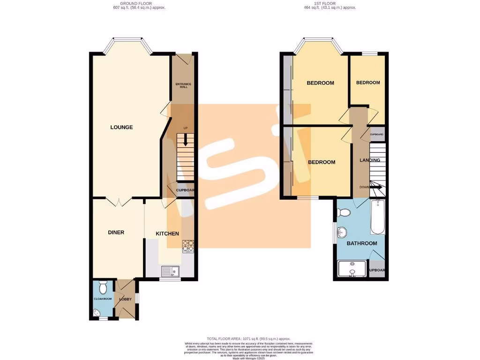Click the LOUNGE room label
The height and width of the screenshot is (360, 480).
tap(121, 127)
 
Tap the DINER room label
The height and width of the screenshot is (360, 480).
tap(116, 232)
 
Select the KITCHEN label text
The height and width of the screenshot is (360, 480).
tap(167, 233)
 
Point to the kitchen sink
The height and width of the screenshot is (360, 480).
tap(169, 271)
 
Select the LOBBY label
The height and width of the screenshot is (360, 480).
tap(125, 299)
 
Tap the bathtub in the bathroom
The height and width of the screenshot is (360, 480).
tap(377, 217)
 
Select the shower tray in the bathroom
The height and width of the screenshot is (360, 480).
tap(352, 269)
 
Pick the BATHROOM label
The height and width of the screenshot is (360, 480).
tap(361, 243)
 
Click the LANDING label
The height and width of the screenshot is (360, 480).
tap(369, 160)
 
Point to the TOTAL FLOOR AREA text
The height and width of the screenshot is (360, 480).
tap(248, 338)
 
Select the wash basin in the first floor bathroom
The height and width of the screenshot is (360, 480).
tap(342, 232)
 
